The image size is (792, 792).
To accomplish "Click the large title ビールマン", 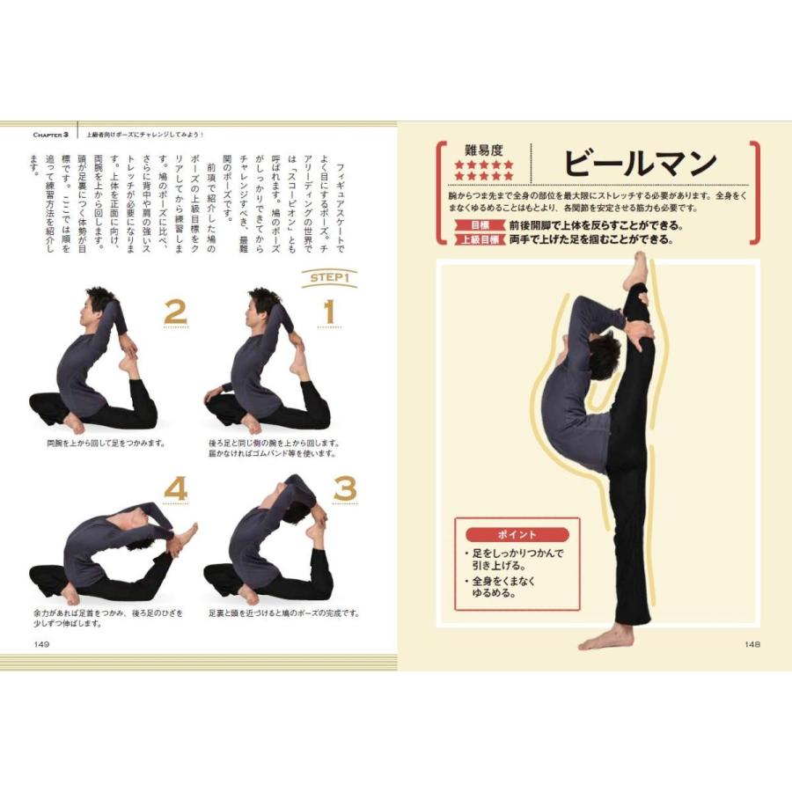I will [x=640, y=164].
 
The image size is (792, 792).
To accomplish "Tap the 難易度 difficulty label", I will [x=483, y=150].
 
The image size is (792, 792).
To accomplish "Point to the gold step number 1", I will [x=328, y=312].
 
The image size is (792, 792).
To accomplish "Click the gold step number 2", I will [x=175, y=312].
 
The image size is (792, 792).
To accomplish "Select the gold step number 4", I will [x=177, y=488].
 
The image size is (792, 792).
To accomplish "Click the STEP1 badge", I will [x=328, y=279].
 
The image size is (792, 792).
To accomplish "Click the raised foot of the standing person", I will [x=637, y=271].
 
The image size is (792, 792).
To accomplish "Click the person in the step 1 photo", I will [x=264, y=370].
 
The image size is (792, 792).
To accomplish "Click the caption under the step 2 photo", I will [x=107, y=444].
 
